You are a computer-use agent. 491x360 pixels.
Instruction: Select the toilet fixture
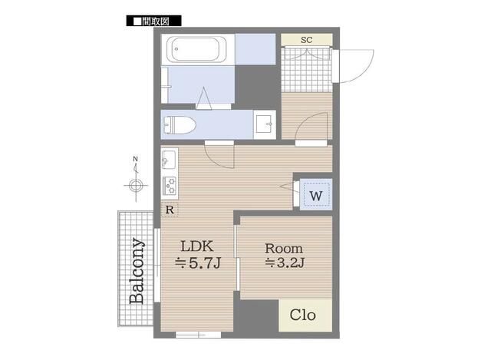click(181, 124)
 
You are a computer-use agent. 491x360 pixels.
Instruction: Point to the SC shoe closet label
click(306, 40)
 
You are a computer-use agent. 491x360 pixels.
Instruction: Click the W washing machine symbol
click(315, 195)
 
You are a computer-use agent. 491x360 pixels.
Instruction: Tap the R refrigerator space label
click(169, 210)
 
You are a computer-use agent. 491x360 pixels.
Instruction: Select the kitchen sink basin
click(169, 160)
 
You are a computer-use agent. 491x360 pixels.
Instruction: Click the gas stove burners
click(170, 187)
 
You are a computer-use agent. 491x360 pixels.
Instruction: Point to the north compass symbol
click(136, 184)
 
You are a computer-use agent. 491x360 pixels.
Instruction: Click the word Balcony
click(137, 271)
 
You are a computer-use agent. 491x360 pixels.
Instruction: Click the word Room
click(284, 249)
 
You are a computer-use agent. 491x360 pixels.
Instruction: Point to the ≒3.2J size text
click(285, 265)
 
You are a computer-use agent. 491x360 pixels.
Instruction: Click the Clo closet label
click(305, 315)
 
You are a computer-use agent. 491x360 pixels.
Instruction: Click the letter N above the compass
click(135, 160)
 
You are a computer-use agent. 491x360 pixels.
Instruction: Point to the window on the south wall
click(198, 335)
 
